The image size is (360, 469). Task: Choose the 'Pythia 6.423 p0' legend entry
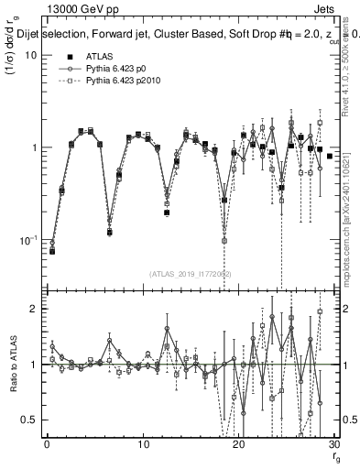pos(118,69)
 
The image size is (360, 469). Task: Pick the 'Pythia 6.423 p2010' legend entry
pos(125,81)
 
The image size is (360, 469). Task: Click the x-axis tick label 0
pos(47,446)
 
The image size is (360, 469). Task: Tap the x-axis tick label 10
pos(143,446)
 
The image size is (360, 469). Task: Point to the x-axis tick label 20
pos(238,446)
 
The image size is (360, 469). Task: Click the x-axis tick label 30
pos(333,446)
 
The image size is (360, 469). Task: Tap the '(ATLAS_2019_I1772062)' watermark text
pos(191,273)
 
